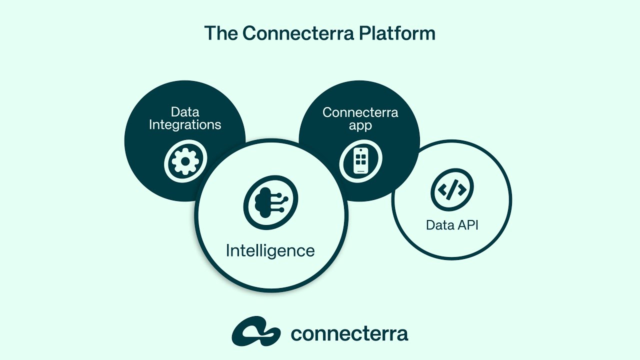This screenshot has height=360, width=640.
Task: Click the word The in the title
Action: pos(220,33)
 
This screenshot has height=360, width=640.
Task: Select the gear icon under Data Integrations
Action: pos(185,161)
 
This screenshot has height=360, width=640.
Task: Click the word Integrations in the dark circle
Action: pos(185,124)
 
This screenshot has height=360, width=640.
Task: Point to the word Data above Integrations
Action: pos(185,111)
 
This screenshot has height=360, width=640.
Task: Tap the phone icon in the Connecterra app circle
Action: pos(360,161)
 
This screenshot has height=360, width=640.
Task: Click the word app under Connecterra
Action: pos(360,125)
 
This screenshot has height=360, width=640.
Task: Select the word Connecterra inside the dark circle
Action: pos(360,112)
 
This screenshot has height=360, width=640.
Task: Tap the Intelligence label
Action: pos(270,250)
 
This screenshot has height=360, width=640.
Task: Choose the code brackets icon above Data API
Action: pos(452,189)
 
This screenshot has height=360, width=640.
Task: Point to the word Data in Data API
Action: pos(439,225)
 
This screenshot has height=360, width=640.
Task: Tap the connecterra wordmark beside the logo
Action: pos(349,333)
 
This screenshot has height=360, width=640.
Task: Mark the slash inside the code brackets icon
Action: pos(452,189)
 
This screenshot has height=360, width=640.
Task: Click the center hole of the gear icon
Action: pos(185,161)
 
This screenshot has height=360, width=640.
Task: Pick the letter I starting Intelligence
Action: pos(228,250)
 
